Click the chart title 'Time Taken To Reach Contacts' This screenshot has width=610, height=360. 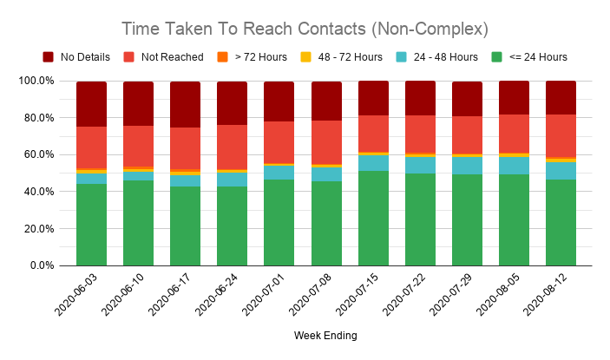coord(304,29)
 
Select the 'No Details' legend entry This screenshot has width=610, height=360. coord(84,57)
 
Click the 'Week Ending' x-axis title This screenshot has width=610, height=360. coord(325,336)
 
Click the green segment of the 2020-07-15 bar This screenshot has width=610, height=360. coord(373,218)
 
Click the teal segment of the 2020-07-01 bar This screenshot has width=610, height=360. coord(279,173)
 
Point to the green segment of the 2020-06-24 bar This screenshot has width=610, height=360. coord(232,226)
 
